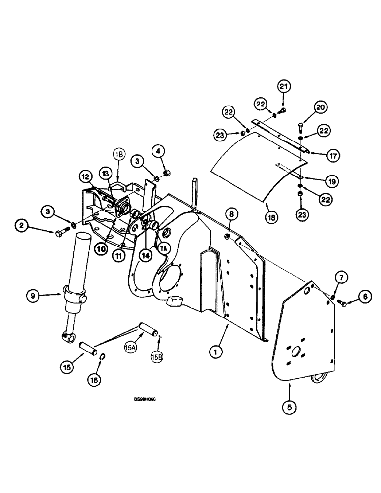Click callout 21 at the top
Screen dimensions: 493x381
coord(283,87)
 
